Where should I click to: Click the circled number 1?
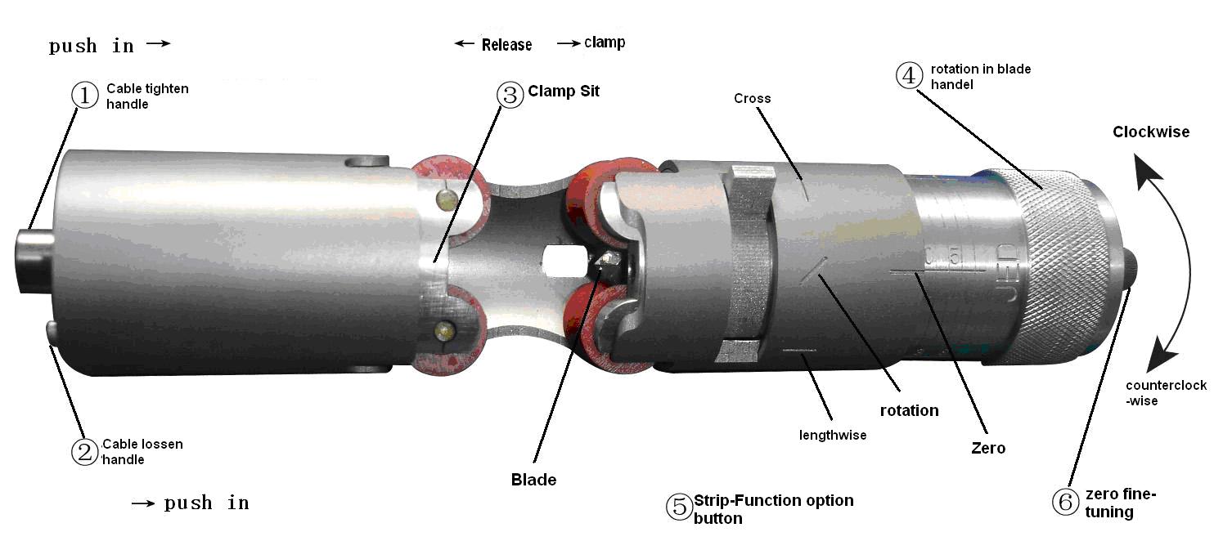point(84,96)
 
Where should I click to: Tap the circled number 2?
point(84,452)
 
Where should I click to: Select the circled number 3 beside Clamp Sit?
point(510,94)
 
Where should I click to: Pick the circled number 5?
point(679,507)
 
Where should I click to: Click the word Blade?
point(533,480)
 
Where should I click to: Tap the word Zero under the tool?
point(987,448)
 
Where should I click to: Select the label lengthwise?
point(832,435)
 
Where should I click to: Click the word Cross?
point(752,99)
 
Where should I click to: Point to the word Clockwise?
point(1150,132)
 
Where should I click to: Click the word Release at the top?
point(506,45)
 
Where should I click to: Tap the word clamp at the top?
point(605,42)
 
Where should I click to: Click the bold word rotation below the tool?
point(909,410)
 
